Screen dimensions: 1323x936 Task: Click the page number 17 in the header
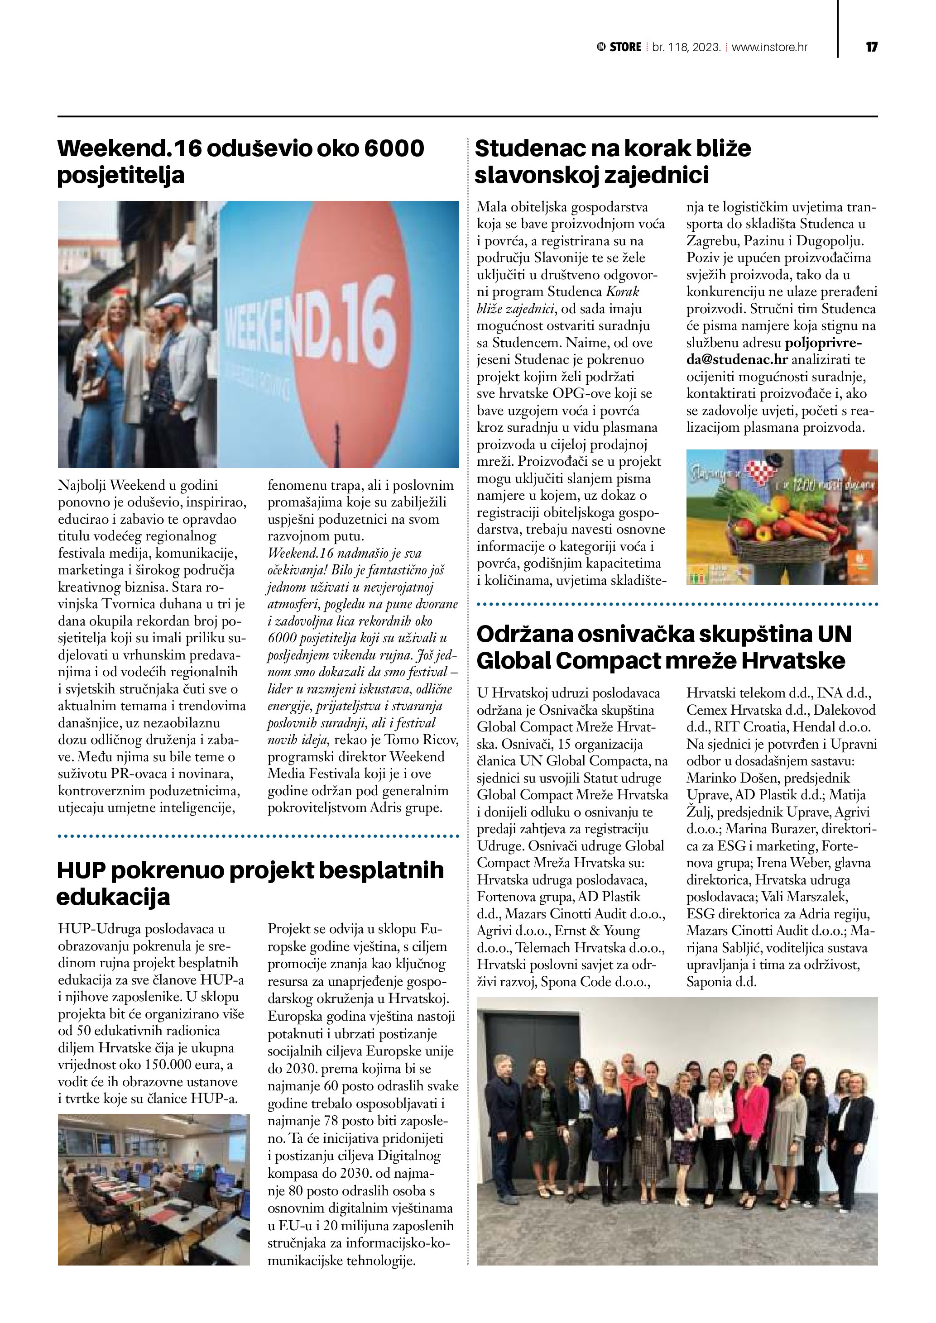coord(871,47)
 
